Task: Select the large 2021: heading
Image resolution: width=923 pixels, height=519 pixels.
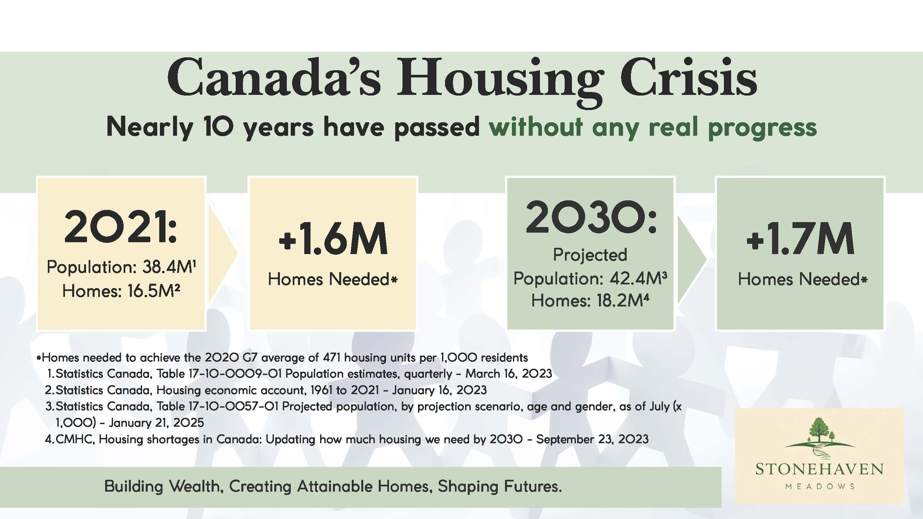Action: pos(121,227)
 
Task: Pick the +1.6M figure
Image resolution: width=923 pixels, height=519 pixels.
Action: pos(333,238)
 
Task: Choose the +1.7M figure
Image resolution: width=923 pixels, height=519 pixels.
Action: pos(800,238)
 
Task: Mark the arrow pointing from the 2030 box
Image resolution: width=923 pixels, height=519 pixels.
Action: pos(692,259)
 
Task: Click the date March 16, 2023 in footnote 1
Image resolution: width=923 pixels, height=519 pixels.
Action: pos(509,374)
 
